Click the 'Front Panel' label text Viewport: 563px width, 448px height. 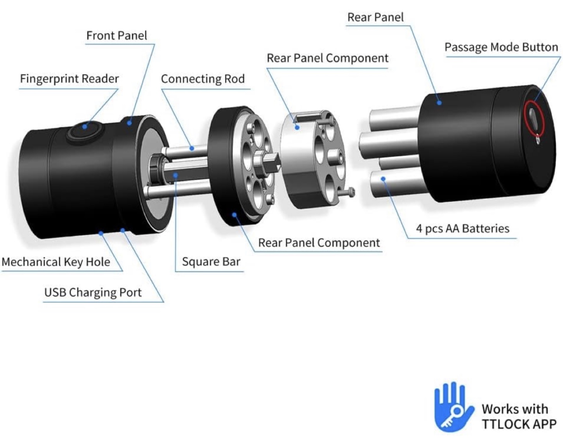pos(117,36)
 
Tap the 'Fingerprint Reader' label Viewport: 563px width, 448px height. pos(69,79)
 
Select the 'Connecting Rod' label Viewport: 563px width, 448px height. pos(203,79)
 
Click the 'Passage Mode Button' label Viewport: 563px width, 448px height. pos(501,47)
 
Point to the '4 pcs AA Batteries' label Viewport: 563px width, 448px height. pos(463,228)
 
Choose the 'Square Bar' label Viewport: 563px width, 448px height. pos(211,262)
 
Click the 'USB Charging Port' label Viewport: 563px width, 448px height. pos(93,293)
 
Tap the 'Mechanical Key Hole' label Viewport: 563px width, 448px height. pos(56,262)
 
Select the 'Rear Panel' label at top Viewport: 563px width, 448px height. pos(375,17)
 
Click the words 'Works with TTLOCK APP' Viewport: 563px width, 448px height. pos(518,416)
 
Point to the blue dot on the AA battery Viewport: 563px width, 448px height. pos(384,179)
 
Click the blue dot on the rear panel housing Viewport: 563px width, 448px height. pos(439,103)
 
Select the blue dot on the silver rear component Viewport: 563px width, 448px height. pos(297,127)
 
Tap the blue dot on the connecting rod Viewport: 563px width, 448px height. pos(192,148)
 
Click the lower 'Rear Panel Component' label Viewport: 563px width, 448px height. pos(319,243)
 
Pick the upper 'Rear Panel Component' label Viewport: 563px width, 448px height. pos(327,58)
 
